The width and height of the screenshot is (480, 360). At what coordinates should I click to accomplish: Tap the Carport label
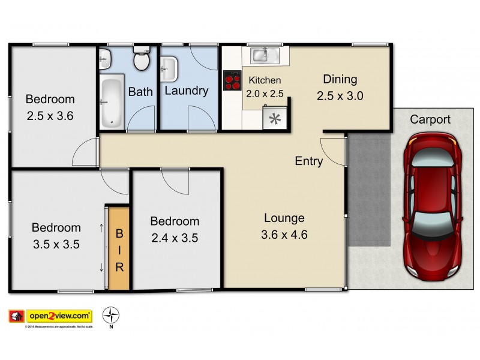coord(430,119)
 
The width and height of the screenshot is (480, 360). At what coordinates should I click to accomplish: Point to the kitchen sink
coord(262,55)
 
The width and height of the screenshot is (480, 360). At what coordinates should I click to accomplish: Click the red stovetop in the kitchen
coord(232,80)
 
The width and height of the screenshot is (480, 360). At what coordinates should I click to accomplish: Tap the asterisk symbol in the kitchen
coord(275,118)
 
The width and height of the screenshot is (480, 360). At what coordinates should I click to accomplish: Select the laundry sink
coord(169,67)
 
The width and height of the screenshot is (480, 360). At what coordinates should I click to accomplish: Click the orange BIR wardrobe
coord(119,249)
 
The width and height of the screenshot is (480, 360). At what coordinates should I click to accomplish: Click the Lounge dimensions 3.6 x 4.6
coord(284,235)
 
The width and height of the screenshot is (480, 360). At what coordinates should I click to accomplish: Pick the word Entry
coord(309,161)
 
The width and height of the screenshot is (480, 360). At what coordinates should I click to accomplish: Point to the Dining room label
coord(340,79)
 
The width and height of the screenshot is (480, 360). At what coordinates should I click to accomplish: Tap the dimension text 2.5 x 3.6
coord(50,116)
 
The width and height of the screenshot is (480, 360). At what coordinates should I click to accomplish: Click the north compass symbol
coord(110,315)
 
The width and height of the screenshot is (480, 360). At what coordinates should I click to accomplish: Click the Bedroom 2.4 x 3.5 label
coord(174,221)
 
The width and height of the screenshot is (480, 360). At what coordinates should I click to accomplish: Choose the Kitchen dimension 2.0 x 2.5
coord(265,93)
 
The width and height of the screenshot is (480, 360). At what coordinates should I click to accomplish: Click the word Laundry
coord(186,91)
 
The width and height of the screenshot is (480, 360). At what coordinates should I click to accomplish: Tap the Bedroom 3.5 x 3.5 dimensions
coord(56,244)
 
